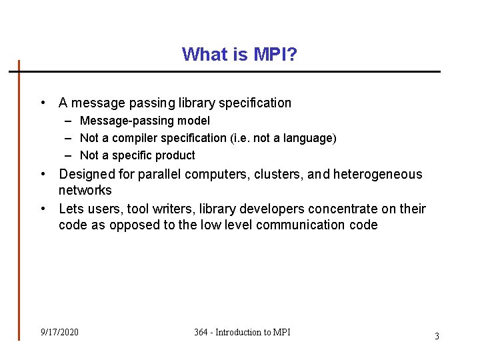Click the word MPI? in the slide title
275,54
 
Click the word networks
85,191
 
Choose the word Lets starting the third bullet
71,209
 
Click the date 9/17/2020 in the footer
59,332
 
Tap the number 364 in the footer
201,332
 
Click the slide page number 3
437,336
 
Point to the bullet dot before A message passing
43,103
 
